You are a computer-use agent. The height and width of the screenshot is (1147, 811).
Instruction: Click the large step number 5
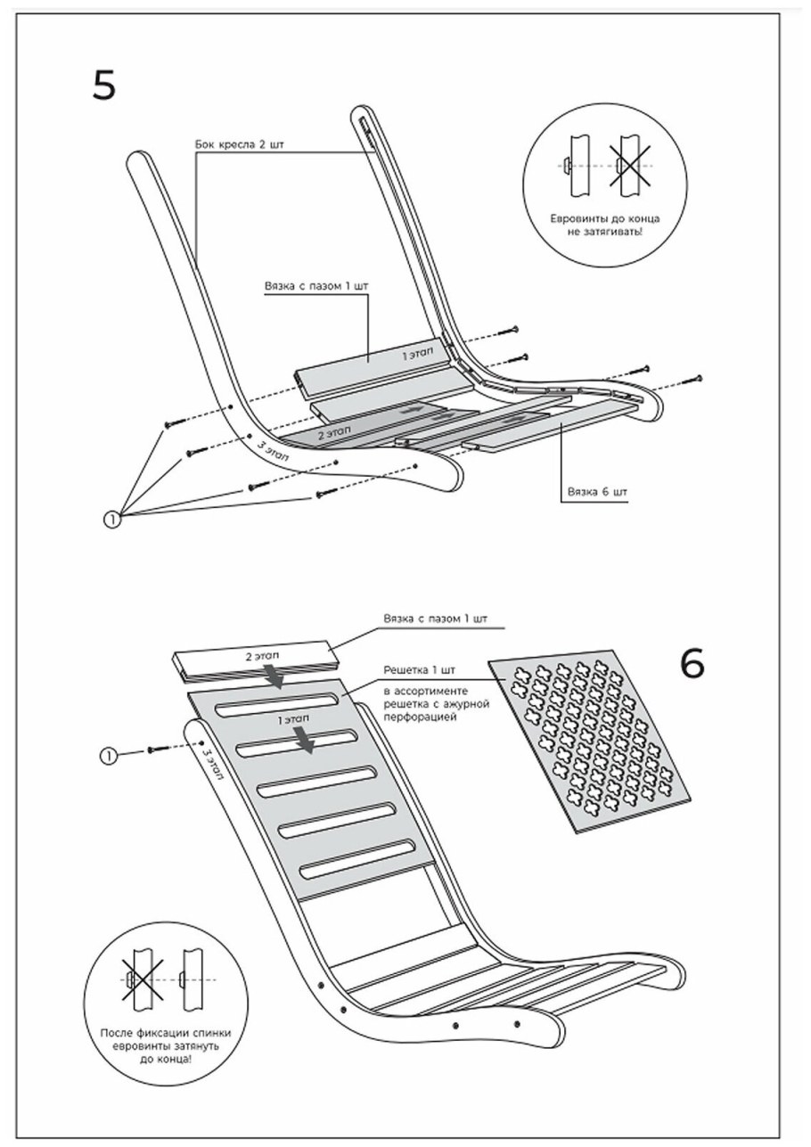click(x=104, y=85)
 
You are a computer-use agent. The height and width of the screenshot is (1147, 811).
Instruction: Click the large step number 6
click(x=692, y=664)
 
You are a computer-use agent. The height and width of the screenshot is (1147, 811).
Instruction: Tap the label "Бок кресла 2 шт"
click(x=239, y=144)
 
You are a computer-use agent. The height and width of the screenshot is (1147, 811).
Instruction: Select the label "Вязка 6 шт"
click(x=597, y=492)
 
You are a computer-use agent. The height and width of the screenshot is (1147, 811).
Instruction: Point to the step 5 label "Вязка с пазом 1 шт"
click(x=316, y=286)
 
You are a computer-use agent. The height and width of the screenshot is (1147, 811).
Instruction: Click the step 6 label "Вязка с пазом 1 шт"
click(x=436, y=618)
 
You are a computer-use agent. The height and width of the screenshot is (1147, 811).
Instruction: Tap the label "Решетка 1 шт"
click(x=420, y=670)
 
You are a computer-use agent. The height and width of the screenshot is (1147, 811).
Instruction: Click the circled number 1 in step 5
click(x=111, y=520)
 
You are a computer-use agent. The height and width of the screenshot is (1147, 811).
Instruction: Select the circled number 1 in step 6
click(x=108, y=755)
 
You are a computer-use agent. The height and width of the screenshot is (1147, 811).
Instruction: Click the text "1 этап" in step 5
click(x=417, y=353)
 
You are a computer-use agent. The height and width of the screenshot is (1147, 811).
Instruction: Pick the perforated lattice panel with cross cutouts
click(x=589, y=741)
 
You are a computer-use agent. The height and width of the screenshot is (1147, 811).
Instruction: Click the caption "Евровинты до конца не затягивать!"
click(x=604, y=225)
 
